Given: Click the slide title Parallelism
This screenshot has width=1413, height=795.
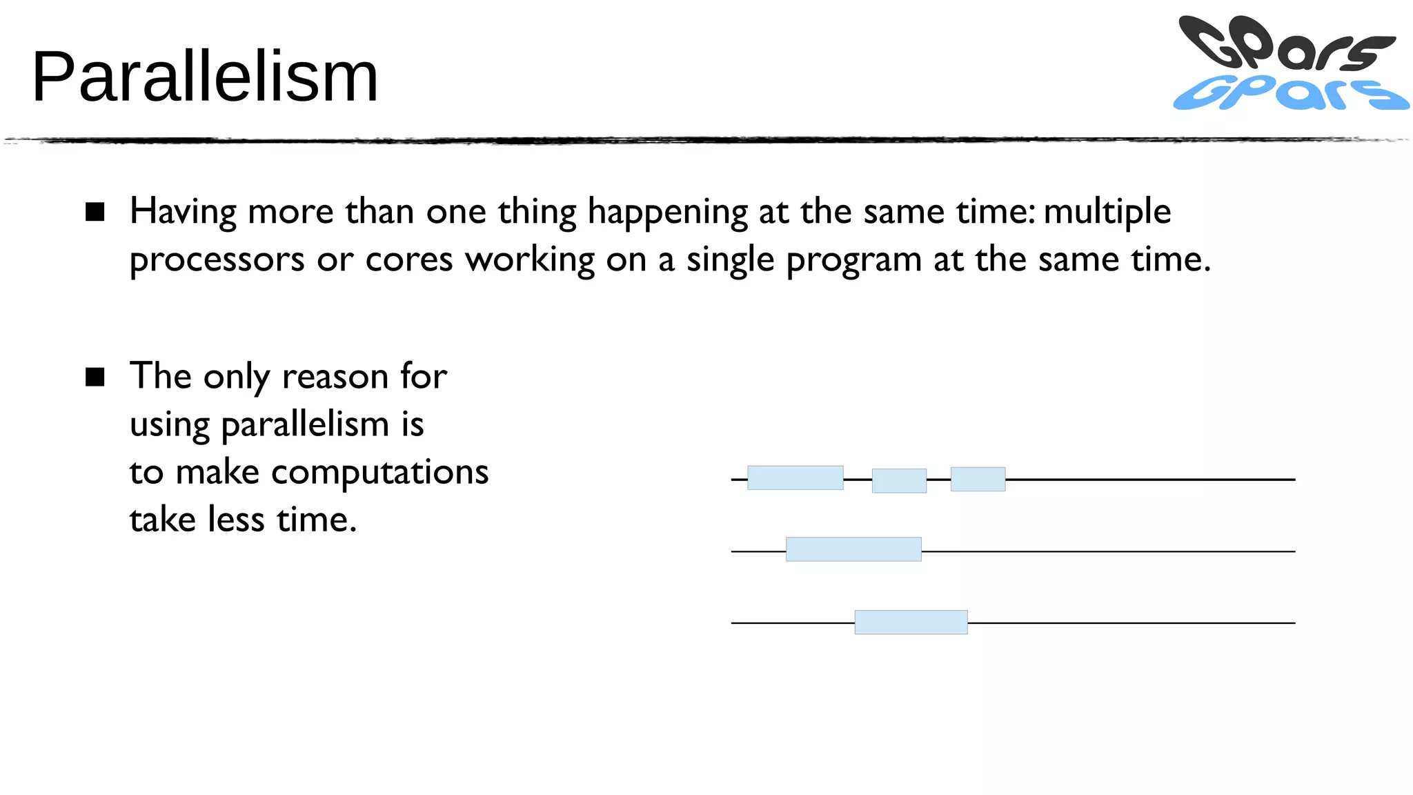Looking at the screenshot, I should click(x=205, y=77).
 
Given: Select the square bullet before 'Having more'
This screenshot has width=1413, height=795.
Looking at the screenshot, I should click(x=95, y=212).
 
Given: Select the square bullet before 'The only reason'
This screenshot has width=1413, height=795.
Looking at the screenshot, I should click(x=95, y=377).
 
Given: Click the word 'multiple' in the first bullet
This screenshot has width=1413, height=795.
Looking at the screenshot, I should click(x=1107, y=211).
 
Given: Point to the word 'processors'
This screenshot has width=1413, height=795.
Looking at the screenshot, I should click(x=217, y=260).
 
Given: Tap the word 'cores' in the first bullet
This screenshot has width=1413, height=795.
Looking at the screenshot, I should click(x=408, y=260).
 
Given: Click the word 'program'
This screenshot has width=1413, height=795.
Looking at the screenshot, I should click(x=853, y=260).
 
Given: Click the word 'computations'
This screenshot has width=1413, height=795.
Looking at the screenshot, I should click(x=379, y=473).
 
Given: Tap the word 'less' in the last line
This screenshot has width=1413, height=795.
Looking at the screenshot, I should click(x=236, y=520).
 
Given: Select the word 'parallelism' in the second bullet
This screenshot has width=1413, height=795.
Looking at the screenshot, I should click(x=305, y=424).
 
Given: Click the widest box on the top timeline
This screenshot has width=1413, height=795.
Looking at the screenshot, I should click(x=795, y=478).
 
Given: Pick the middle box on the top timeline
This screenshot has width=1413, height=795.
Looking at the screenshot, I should click(x=899, y=480).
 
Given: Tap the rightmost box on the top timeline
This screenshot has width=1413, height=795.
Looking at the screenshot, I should click(x=978, y=479).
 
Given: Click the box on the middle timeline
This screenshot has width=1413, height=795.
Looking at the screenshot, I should click(x=853, y=549).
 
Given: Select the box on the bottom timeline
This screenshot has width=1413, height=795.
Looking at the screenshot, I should click(x=911, y=622).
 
